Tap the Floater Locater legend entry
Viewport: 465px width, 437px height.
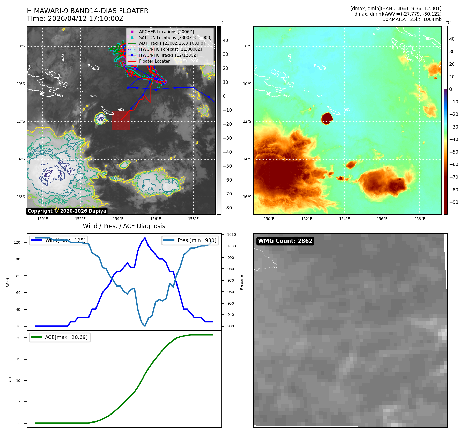[x=154, y=61]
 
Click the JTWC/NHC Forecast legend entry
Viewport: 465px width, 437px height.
[x=170, y=49]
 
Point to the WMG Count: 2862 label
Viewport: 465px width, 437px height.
[x=285, y=241]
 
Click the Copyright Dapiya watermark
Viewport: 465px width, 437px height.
[x=67, y=211]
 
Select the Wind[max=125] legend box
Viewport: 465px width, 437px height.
[x=58, y=240]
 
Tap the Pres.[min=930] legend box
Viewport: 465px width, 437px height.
[x=190, y=240]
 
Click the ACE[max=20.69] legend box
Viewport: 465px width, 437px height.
[x=60, y=337]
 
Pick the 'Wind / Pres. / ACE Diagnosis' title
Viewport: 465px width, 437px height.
[x=124, y=226]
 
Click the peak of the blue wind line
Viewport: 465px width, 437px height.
[x=145, y=238]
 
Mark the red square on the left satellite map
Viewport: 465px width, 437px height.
[x=121, y=120]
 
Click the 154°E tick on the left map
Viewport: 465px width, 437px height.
[x=118, y=219]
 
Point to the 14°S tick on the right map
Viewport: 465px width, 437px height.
[x=247, y=159]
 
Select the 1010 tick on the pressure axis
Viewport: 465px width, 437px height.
[x=231, y=235]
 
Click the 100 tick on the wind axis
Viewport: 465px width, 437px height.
[x=17, y=259]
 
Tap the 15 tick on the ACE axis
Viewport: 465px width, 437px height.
[x=18, y=359]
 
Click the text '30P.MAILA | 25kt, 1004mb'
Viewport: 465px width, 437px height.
[x=412, y=19]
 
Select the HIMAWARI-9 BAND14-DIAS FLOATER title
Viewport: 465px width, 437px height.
[x=87, y=11]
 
